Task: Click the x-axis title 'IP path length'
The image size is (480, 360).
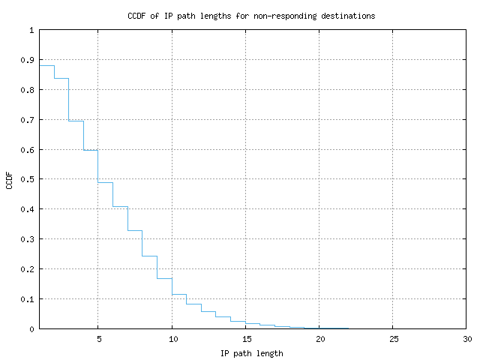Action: click(252, 352)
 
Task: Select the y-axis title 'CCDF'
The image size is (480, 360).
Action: click(10, 179)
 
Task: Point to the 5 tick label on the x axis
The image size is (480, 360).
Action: click(98, 339)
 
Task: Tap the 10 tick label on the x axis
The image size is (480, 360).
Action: click(172, 339)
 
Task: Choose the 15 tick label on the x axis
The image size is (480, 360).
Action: click(246, 339)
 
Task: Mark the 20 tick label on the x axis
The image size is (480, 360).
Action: click(319, 339)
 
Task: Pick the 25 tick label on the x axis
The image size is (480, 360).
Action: click(394, 339)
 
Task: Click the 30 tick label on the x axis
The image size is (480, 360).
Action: click(467, 339)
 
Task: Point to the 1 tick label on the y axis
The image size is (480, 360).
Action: click(31, 31)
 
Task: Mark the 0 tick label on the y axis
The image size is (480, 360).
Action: click(31, 328)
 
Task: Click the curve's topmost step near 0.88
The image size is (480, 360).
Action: click(46, 66)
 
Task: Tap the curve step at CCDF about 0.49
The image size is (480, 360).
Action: click(106, 182)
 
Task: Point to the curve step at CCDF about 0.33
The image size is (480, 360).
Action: click(135, 230)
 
